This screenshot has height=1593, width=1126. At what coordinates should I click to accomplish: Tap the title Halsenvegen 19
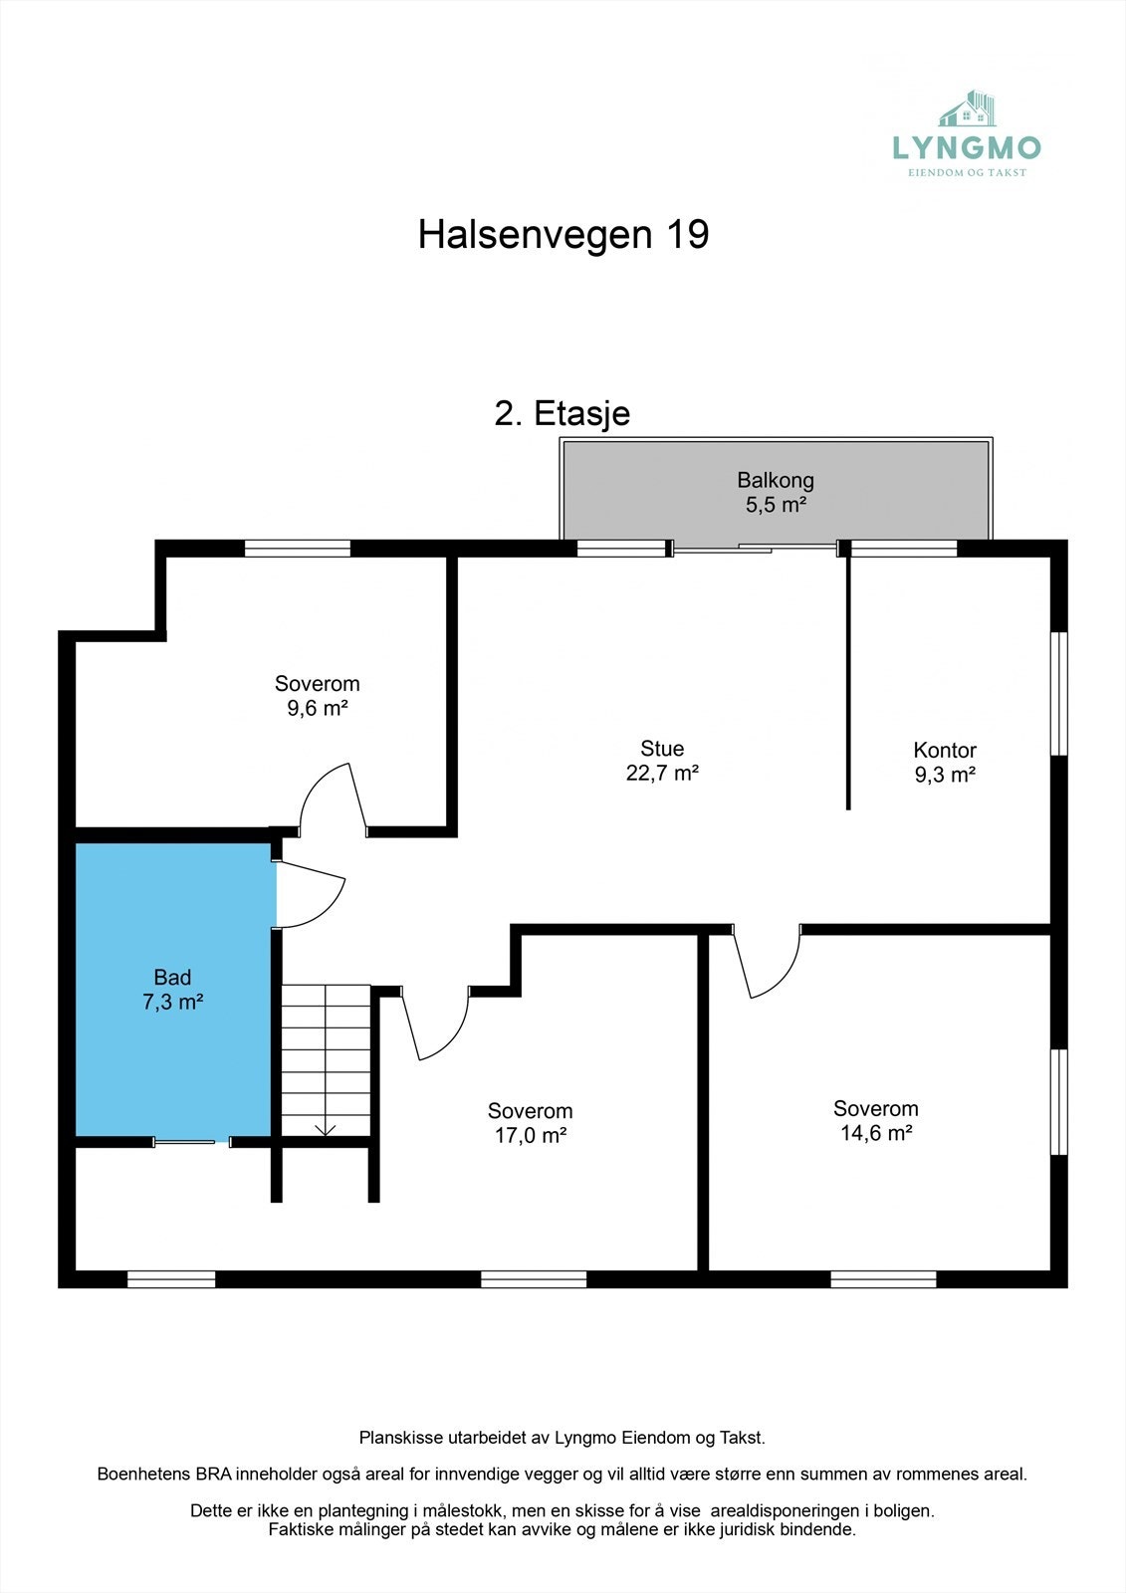(x=563, y=235)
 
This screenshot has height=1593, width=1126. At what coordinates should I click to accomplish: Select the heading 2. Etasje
(x=562, y=413)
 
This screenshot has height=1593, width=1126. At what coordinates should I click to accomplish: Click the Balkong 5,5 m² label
(x=776, y=493)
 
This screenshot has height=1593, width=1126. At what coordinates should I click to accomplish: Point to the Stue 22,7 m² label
(x=662, y=761)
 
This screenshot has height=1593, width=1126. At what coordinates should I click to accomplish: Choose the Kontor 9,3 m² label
(x=945, y=763)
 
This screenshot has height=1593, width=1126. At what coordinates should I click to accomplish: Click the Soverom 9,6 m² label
(x=317, y=696)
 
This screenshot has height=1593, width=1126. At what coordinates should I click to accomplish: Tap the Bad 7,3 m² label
(x=172, y=990)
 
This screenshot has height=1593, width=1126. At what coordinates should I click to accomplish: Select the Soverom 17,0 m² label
(x=530, y=1123)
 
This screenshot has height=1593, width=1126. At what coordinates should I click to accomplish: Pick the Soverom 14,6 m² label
(x=876, y=1121)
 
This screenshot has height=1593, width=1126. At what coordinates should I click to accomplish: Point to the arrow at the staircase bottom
(x=326, y=1128)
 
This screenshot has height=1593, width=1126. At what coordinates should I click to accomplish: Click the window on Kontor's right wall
(x=1059, y=693)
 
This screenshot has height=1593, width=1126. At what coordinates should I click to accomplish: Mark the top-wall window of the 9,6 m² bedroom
(x=298, y=548)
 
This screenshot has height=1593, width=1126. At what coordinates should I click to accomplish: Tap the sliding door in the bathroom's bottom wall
(x=184, y=1142)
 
